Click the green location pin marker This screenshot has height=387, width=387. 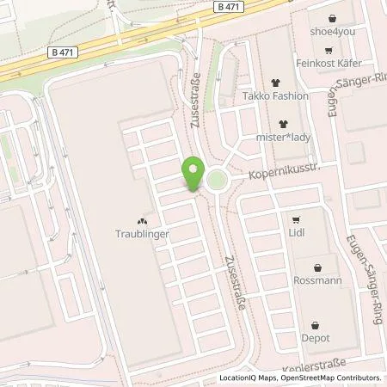coord(193,174)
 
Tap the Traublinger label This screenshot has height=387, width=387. coord(142,233)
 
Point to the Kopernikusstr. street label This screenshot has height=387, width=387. coord(285,174)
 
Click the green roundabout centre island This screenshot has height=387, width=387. coord(215,181)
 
